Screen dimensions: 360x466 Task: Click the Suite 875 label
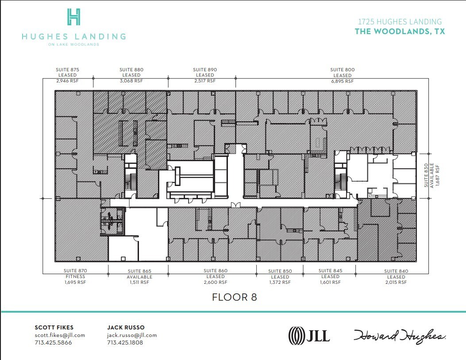(68, 75)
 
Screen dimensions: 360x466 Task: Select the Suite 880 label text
(131, 75)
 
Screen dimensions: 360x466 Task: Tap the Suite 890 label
(205, 75)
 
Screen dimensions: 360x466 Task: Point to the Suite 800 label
(342, 75)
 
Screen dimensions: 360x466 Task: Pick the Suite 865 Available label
(140, 277)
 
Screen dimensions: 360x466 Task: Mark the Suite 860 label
(216, 276)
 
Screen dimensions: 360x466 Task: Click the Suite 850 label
(280, 277)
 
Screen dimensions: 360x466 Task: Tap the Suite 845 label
(331, 276)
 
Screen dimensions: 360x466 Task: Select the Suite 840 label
(396, 277)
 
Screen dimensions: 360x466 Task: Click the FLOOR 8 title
(235, 297)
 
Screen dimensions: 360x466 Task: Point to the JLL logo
(309, 335)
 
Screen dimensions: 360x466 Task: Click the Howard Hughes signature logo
(399, 336)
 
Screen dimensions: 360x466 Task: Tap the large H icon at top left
(74, 17)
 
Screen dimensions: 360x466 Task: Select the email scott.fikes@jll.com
(60, 335)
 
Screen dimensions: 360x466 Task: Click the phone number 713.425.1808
(125, 343)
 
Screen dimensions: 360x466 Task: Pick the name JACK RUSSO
(126, 328)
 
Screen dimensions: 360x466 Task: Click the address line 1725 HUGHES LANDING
(399, 22)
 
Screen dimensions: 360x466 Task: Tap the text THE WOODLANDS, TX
(400, 31)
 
